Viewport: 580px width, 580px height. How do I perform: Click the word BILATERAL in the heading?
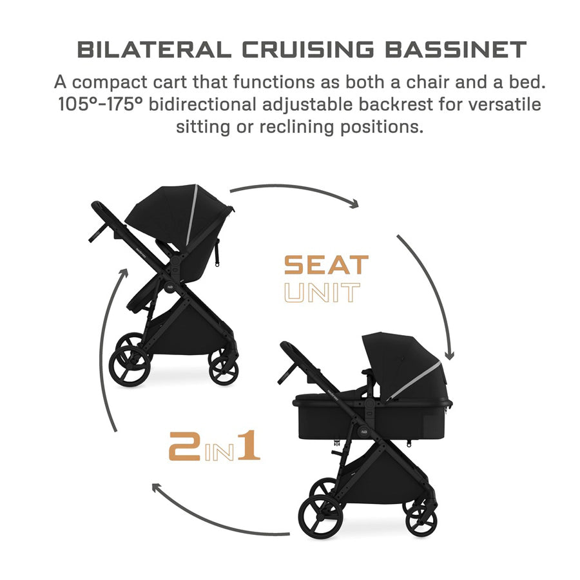pos(154,50)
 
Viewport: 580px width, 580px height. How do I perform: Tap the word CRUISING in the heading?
pos(308,50)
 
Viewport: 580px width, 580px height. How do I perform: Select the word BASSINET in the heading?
pos(456,50)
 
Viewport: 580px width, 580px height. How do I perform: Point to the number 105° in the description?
pos(81,104)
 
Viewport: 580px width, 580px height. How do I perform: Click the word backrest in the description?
pos(396,104)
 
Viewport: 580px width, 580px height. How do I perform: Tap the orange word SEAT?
pos(327,264)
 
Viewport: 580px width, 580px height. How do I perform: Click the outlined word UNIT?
pos(322,292)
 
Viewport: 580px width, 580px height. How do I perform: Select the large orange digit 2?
pos(184,447)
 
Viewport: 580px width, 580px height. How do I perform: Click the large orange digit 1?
pos(249,445)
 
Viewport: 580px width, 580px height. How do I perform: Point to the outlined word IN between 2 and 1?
pos(219,452)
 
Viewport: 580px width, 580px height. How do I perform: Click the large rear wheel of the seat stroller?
pos(130,367)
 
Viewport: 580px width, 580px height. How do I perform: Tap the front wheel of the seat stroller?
pos(224,370)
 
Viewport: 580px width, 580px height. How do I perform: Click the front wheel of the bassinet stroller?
pos(421,521)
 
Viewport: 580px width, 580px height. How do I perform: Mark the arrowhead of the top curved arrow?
pos(354,204)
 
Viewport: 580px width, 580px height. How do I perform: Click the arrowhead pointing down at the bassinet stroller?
pos(449,355)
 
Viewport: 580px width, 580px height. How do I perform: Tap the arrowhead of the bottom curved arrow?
pos(157,488)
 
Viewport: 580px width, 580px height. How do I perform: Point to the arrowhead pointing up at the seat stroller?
pos(124,274)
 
